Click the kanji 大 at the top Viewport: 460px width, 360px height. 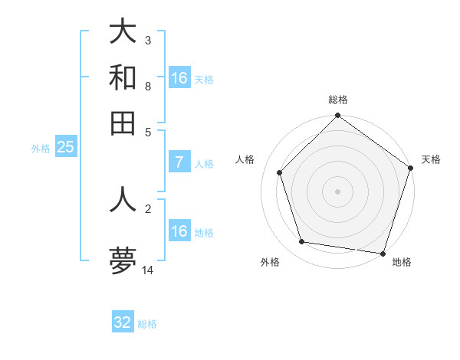tap(123, 32)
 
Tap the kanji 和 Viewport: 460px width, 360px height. tap(123, 78)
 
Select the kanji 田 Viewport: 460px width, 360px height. tap(123, 123)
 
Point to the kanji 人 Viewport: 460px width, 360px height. tap(123, 198)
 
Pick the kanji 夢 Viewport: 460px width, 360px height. tap(123, 260)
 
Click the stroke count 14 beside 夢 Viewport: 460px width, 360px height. tap(148, 270)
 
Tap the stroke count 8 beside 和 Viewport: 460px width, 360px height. tap(148, 87)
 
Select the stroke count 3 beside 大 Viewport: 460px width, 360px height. tap(148, 41)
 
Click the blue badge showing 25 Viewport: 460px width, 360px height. tap(65, 147)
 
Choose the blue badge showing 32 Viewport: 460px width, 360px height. tap(123, 322)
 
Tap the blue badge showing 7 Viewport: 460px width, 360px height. tap(179, 162)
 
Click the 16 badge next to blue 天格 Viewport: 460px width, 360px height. tap(179, 78)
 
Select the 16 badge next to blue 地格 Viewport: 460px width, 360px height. tap(179, 231)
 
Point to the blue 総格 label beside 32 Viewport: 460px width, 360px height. tap(147, 324)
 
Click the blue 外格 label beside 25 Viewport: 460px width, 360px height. tap(41, 149)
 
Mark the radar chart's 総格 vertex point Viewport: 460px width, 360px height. tap(337, 116)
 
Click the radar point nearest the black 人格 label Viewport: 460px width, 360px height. tap(280, 172)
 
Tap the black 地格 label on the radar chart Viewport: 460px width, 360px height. tap(402, 262)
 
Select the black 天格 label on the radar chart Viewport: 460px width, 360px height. tap(431, 159)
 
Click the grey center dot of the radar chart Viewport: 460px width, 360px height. tap(337, 191)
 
